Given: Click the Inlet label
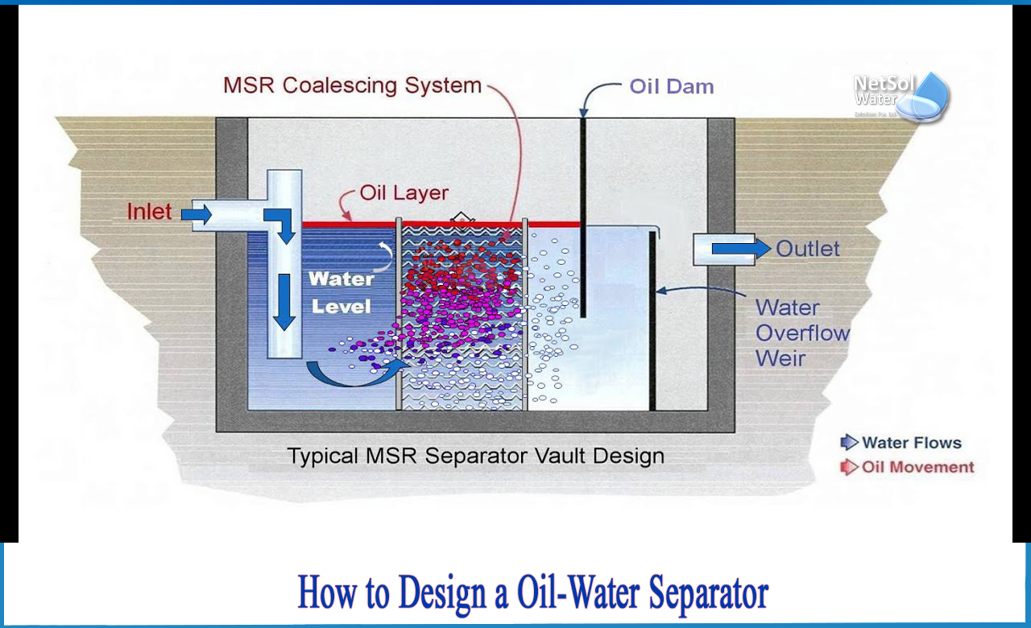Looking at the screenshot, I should [x=149, y=212].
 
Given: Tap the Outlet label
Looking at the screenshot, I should [x=808, y=249].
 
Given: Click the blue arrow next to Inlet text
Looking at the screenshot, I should [x=196, y=214].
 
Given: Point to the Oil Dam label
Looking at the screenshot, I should [x=671, y=87].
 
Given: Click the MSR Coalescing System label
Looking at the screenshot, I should [x=352, y=85].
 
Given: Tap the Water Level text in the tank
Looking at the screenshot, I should [x=342, y=292].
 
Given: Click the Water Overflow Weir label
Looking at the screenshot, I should [x=801, y=333].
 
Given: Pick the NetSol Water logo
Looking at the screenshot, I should [x=901, y=96].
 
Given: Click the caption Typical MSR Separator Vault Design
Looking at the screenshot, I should [x=475, y=457].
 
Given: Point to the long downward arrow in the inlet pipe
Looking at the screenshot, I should [x=283, y=300].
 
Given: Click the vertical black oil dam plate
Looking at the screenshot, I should [x=582, y=217].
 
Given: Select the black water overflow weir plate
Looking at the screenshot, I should [x=652, y=322].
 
